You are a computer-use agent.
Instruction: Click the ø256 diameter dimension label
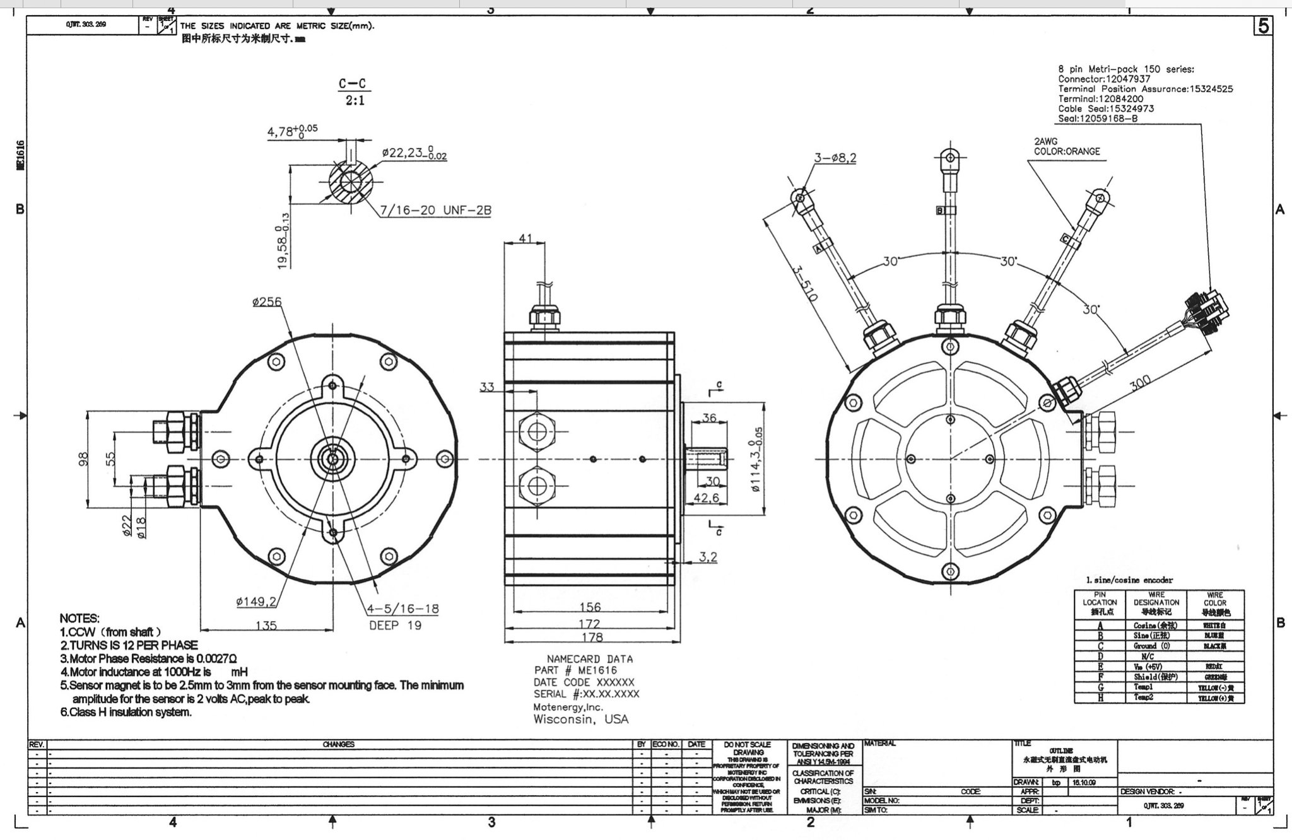click(266, 302)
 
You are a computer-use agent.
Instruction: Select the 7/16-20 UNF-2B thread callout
click(435, 210)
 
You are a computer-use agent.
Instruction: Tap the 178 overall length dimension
click(592, 636)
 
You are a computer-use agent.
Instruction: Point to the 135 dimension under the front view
click(266, 625)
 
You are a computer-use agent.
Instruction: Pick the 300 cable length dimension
click(1139, 383)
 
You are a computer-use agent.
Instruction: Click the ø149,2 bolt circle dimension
click(256, 601)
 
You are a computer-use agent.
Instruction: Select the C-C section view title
click(352, 84)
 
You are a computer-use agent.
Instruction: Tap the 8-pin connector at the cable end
click(1207, 312)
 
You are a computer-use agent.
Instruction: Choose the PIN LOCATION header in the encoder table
click(1100, 603)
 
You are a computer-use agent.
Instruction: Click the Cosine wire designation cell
click(1156, 625)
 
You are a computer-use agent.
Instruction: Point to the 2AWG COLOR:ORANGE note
click(1066, 146)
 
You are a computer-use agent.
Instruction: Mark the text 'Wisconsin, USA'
click(580, 719)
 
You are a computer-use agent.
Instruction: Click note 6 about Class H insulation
click(126, 712)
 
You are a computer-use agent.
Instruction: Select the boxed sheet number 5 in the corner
click(1263, 26)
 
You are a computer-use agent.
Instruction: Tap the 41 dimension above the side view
click(526, 239)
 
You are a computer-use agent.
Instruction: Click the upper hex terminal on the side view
click(537, 431)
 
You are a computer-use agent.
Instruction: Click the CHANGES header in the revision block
click(338, 744)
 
